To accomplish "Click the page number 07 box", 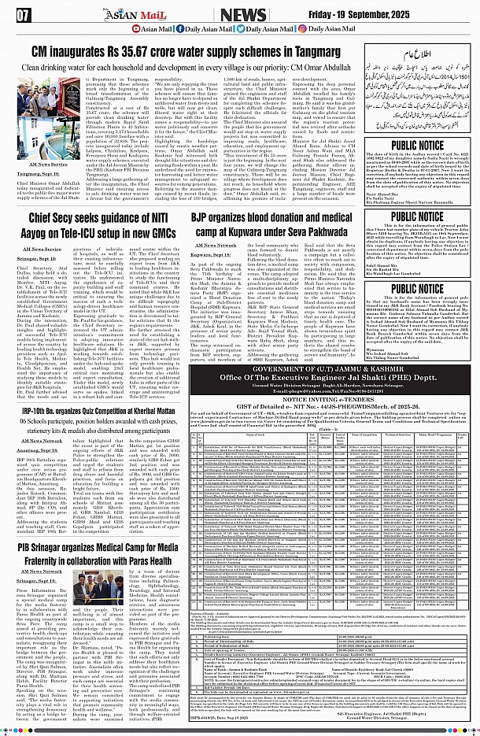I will coord(24,14).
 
